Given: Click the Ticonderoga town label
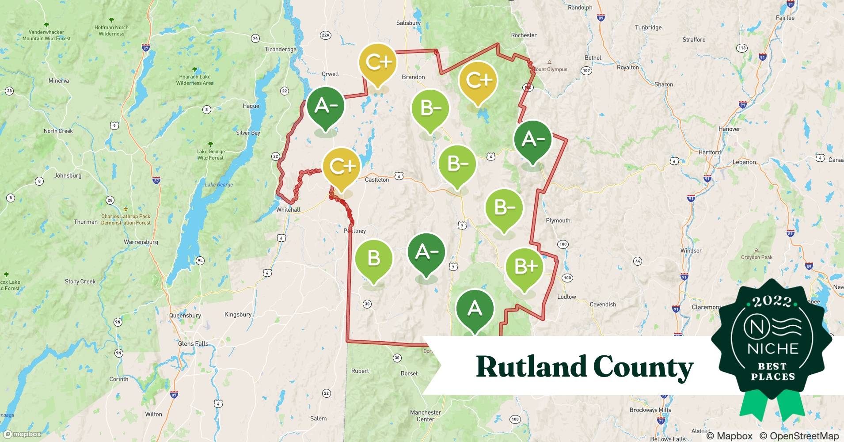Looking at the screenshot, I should point(280,49).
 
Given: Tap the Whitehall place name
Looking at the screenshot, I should point(288,210).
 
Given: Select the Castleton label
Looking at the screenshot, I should point(377,179).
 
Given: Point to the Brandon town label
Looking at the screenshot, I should point(413,77).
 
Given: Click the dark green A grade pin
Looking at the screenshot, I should point(475,309).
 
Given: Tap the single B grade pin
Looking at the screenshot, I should point(374,258).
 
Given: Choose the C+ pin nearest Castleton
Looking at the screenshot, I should point(341,167).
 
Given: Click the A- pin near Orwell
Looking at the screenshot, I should point(325,106).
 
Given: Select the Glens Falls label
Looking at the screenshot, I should point(193,343).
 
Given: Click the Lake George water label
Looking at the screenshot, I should point(219,185).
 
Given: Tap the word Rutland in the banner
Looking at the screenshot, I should point(530,367).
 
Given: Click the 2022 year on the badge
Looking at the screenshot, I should point(772,301).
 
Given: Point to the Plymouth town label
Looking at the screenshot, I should point(558,221).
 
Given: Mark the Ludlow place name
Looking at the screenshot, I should point(566,297).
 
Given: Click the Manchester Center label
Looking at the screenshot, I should point(426,415).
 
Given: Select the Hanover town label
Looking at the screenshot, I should point(729,129).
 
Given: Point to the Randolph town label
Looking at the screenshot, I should point(580,8).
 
